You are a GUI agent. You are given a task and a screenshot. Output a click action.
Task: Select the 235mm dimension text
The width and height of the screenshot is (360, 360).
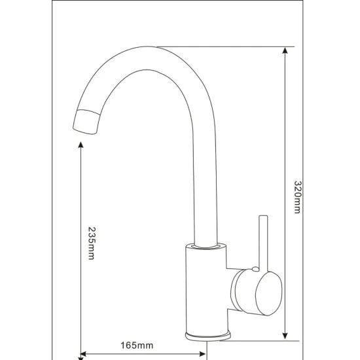click(91, 243)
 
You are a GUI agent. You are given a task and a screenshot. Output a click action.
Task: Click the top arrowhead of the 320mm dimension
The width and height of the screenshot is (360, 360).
click(286, 52)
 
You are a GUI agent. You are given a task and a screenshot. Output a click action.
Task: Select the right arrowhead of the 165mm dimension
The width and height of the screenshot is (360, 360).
click(205, 355)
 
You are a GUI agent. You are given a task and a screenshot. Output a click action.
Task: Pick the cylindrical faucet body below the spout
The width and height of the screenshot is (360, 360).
click(207, 291)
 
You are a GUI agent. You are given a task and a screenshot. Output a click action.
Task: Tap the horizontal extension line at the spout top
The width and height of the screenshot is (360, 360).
click(223, 46)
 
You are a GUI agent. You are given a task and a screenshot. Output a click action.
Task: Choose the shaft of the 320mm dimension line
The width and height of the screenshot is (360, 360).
click(286, 131)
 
